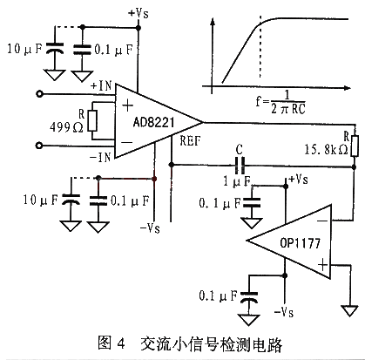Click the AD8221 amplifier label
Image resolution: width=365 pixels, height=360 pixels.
[x=153, y=122]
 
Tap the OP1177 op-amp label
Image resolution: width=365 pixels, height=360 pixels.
[x=300, y=242]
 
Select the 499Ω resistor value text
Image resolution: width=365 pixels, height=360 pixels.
[x=66, y=127]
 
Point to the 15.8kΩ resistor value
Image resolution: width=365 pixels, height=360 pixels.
[x=326, y=149]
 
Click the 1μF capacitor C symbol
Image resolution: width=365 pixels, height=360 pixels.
[x=240, y=165]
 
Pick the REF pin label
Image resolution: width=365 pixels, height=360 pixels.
[x=190, y=141]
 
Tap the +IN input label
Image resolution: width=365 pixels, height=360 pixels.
[x=101, y=85]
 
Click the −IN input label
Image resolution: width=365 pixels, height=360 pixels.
[x=100, y=158]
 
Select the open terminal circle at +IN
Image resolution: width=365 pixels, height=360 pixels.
[x=39, y=94]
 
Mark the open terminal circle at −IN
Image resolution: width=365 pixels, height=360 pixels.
[x=39, y=146]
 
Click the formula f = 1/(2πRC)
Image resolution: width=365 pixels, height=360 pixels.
[x=281, y=102]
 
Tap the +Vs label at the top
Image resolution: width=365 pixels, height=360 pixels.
[x=139, y=13]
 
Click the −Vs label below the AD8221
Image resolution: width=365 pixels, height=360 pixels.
[x=150, y=228]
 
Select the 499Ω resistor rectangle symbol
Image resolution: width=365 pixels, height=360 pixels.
[x=92, y=120]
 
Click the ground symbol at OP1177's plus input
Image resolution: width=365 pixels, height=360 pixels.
[x=350, y=310]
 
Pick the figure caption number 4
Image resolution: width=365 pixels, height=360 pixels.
[x=121, y=344]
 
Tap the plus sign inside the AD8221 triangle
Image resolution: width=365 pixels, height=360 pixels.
[x=127, y=105]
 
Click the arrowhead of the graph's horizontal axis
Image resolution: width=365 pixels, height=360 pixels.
[x=348, y=87]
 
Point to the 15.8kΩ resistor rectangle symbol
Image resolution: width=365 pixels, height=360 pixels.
[x=355, y=146]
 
